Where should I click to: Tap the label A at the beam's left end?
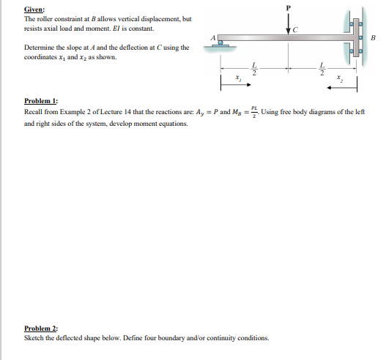[213, 36]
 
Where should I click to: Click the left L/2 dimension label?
[255, 68]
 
